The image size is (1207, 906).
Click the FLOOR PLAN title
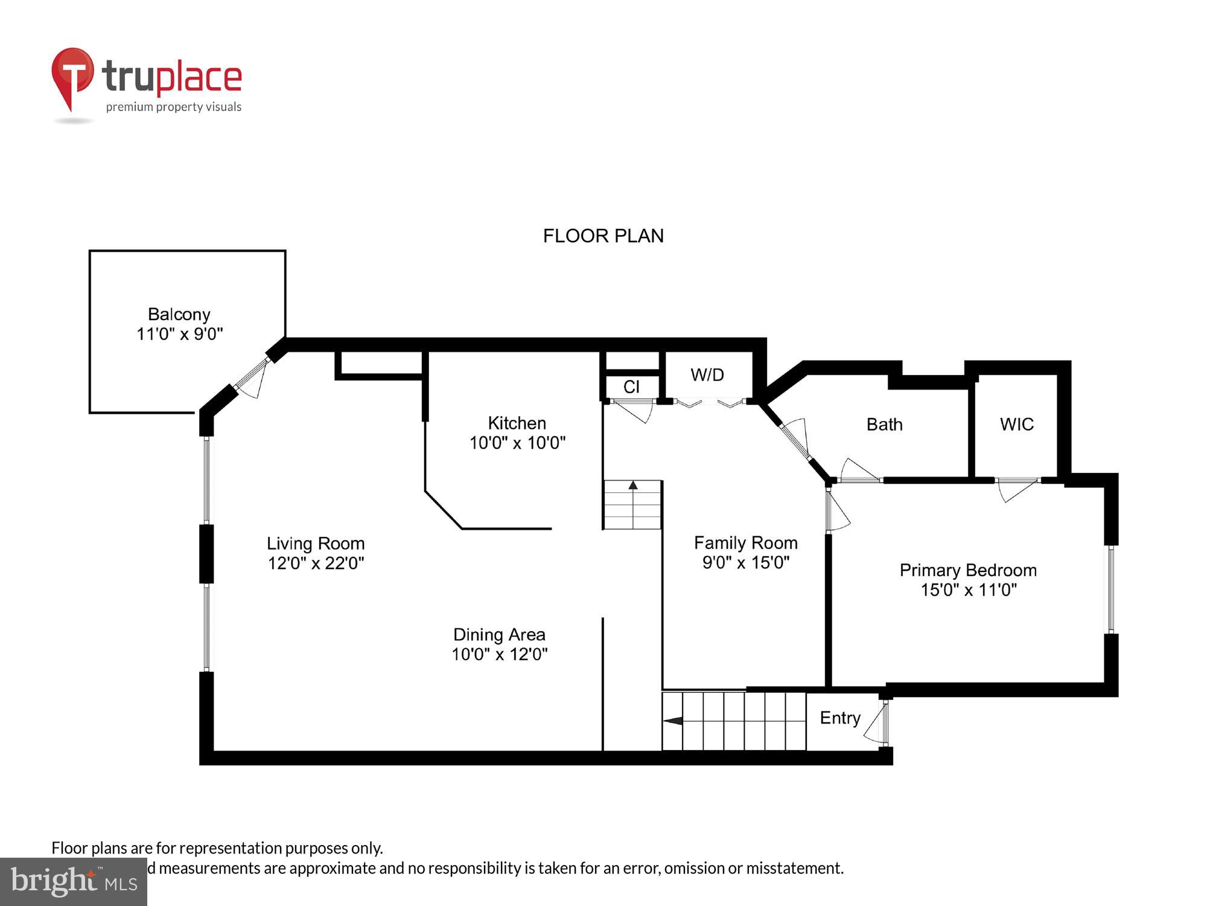pyautogui.click(x=603, y=236)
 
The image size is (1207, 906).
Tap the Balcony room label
pyautogui.click(x=179, y=314)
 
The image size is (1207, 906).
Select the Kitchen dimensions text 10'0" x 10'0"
pyautogui.click(x=517, y=443)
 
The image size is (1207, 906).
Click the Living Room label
pyautogui.click(x=316, y=544)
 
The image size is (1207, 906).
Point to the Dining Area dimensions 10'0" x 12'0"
pyautogui.click(x=499, y=654)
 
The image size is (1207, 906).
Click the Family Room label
pyautogui.click(x=745, y=543)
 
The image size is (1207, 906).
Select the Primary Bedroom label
pyautogui.click(x=968, y=570)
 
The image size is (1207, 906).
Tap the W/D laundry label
pyautogui.click(x=707, y=375)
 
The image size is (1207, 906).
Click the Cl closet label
pyautogui.click(x=631, y=387)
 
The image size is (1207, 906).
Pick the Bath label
pyautogui.click(x=884, y=425)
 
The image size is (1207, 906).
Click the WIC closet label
pyautogui.click(x=1016, y=425)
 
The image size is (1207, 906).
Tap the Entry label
pyautogui.click(x=839, y=718)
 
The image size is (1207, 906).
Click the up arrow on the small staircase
pyautogui.click(x=633, y=485)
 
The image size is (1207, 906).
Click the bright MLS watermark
pyautogui.click(x=74, y=882)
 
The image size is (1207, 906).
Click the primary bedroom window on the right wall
pyautogui.click(x=1111, y=589)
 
